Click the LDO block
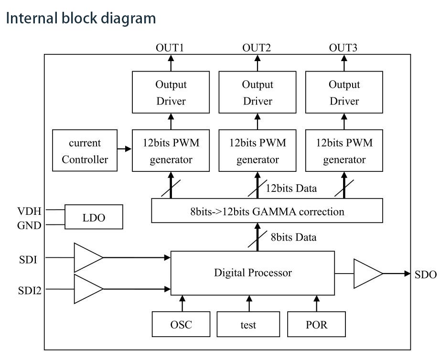[93, 217]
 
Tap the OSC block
[182, 325]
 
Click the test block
[248, 325]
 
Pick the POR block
[316, 325]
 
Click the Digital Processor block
[252, 273]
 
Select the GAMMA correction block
[267, 211]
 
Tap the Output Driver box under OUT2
[258, 93]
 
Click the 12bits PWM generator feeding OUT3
[344, 151]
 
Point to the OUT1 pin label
[170, 48]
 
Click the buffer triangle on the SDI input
[87, 258]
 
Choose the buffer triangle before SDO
[367, 274]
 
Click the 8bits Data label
[293, 237]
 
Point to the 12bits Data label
[291, 188]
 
